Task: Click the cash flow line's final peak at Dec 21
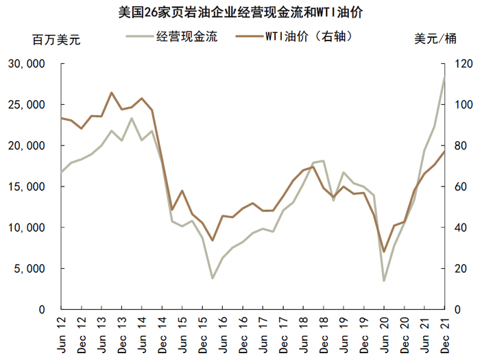tap(444, 77)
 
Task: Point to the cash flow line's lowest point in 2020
tap(384, 280)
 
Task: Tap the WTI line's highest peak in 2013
tap(112, 93)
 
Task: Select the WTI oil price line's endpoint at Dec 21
tap(444, 152)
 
